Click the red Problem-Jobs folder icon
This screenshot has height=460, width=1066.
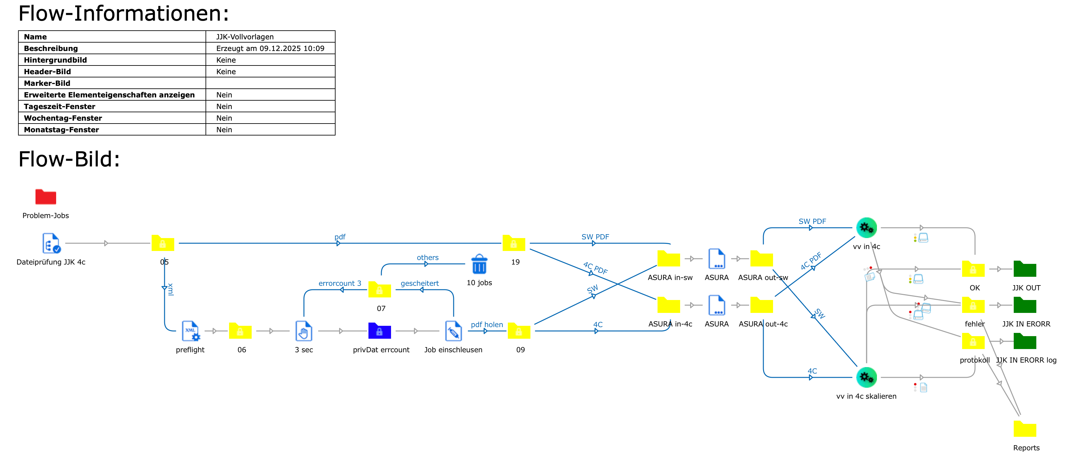click(x=45, y=196)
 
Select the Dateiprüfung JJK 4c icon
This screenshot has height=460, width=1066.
click(x=51, y=243)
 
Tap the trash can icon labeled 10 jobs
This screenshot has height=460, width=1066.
click(x=479, y=264)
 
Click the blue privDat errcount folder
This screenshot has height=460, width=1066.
click(x=379, y=331)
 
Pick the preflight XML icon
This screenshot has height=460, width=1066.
click(x=191, y=331)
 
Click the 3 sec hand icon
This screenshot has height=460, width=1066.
click(x=304, y=331)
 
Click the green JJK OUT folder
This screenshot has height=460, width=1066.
click(x=1025, y=269)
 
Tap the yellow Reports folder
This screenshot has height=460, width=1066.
click(x=1025, y=429)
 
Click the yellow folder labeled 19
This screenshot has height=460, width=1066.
click(x=514, y=243)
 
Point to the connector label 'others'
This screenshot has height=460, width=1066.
click(x=427, y=257)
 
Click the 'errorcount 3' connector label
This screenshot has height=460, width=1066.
click(x=340, y=283)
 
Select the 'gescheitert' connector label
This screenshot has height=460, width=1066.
click(x=420, y=283)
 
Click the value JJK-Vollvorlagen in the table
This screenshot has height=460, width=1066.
click(x=245, y=37)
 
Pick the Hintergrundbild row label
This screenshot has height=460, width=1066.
click(x=55, y=60)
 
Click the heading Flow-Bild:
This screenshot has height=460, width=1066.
click(x=69, y=159)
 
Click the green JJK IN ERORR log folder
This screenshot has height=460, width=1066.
click(x=1025, y=341)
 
